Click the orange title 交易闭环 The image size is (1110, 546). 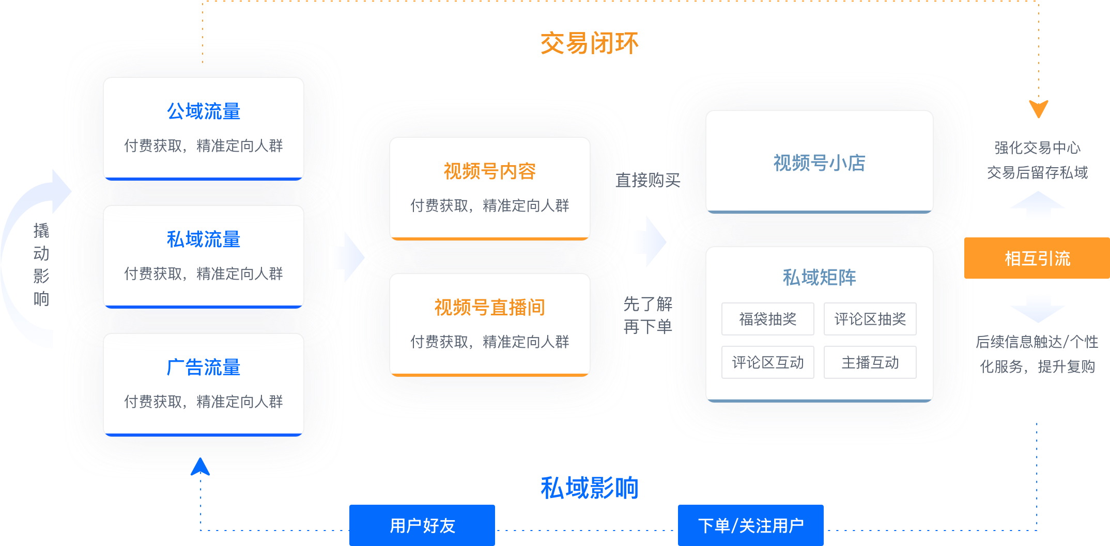point(589,43)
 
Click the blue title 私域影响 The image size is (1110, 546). point(589,488)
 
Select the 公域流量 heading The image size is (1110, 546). point(204,111)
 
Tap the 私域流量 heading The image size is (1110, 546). point(204,239)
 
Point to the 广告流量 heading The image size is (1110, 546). point(204,367)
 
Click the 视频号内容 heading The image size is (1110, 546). point(489,171)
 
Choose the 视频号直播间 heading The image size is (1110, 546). point(489,308)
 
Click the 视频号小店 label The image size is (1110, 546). point(819,163)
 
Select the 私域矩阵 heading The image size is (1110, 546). point(819,278)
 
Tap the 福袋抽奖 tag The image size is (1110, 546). point(767,319)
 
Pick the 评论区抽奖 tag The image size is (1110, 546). point(870,319)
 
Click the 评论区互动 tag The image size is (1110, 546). point(767,362)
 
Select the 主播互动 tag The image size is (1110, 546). point(870,362)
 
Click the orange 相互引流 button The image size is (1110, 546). point(1037,258)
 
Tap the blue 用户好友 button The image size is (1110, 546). point(422,525)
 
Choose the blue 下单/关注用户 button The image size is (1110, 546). point(750,525)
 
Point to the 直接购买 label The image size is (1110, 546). point(647,180)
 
